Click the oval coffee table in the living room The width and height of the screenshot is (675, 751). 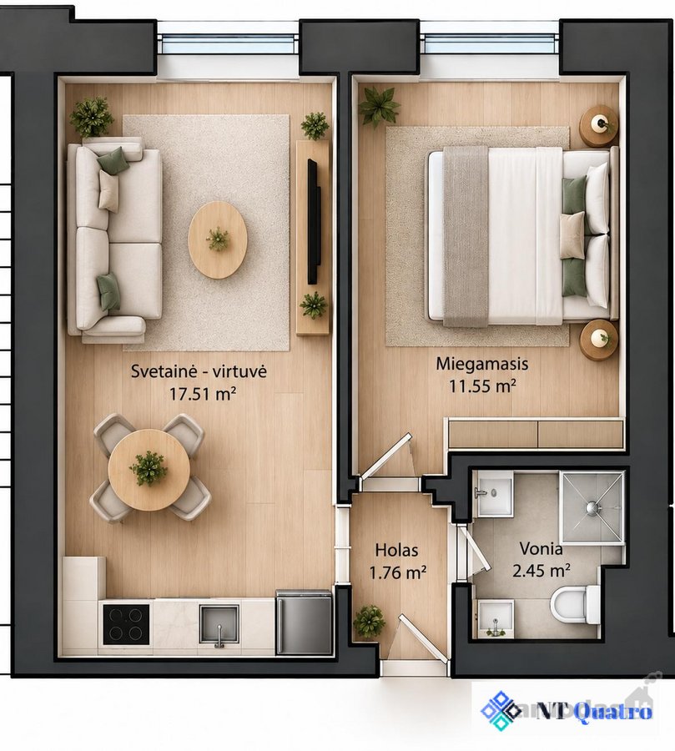[218, 239]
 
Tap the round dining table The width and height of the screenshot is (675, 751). [149, 470]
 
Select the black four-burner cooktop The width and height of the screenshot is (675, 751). [127, 624]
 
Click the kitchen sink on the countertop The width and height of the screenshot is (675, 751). [219, 624]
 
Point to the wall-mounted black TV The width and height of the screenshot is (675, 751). [314, 221]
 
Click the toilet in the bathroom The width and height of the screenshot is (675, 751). [574, 605]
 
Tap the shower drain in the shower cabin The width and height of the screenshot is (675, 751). [592, 507]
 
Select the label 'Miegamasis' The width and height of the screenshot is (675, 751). [482, 364]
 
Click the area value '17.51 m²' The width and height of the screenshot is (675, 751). [203, 394]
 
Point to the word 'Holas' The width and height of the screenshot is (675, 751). [396, 550]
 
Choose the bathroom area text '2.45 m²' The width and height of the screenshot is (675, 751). [542, 571]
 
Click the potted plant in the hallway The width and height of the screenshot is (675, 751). [369, 621]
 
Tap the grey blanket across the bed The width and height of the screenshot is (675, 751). [466, 237]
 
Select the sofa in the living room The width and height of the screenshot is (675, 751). [114, 239]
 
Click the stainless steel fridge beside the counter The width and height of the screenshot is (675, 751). [304, 622]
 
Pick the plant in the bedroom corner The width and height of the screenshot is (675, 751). [379, 106]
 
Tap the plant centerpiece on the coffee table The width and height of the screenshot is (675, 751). [218, 239]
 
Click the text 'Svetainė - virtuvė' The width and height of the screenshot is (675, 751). [199, 371]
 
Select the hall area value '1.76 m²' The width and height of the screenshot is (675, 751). [398, 572]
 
